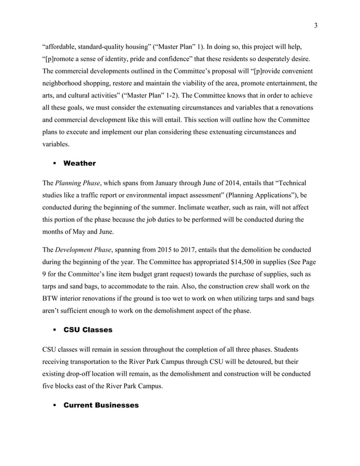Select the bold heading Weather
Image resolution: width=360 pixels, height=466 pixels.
click(x=80, y=163)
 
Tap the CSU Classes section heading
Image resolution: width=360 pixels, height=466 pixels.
click(x=89, y=329)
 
